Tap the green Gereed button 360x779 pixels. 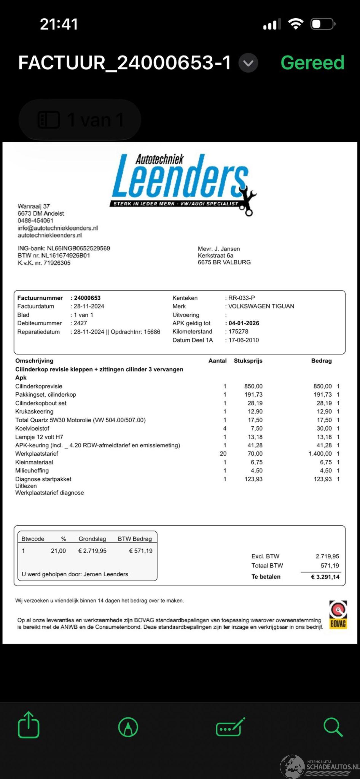point(312,63)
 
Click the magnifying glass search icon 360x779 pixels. point(333,727)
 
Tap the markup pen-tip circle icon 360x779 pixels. point(128,727)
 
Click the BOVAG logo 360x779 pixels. point(338,615)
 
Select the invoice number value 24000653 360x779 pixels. point(87,298)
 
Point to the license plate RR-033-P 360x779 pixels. point(241,298)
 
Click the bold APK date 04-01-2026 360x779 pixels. point(244,323)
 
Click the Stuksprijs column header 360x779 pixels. point(248,361)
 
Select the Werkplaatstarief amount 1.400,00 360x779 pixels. point(320,454)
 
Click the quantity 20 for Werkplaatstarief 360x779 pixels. point(223,454)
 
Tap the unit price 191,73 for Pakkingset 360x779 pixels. point(253,395)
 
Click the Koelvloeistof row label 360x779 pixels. point(32,428)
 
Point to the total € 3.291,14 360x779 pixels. point(325,577)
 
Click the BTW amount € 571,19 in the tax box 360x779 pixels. point(141,551)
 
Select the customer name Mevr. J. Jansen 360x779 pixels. point(219,249)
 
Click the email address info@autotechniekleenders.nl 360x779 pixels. point(57,228)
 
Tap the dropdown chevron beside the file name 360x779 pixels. point(248,63)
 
